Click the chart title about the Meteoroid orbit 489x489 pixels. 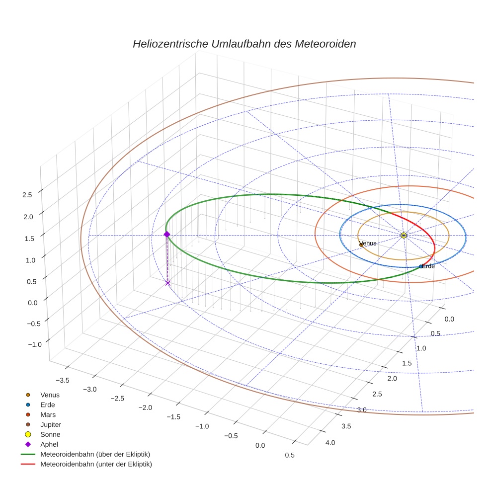(x=244, y=44)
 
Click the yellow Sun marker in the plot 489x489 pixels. (x=404, y=235)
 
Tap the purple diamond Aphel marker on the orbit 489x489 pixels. (x=167, y=234)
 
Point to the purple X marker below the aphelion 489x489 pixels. (x=167, y=283)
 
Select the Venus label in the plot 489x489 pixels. (x=368, y=244)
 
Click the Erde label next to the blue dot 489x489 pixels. (x=428, y=266)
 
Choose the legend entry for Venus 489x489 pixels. (x=50, y=395)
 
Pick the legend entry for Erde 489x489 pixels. (x=48, y=405)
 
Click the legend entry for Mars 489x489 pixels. (x=48, y=414)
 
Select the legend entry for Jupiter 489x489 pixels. (x=51, y=424)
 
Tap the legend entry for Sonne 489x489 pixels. (x=50, y=434)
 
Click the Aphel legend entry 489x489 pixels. (x=49, y=444)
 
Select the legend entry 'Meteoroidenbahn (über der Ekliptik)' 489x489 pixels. (x=95, y=454)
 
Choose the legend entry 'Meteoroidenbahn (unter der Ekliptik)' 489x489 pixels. (x=96, y=464)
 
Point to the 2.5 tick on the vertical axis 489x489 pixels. (x=27, y=195)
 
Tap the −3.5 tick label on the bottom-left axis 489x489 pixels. (x=62, y=381)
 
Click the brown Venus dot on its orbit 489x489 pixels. (x=361, y=244)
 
